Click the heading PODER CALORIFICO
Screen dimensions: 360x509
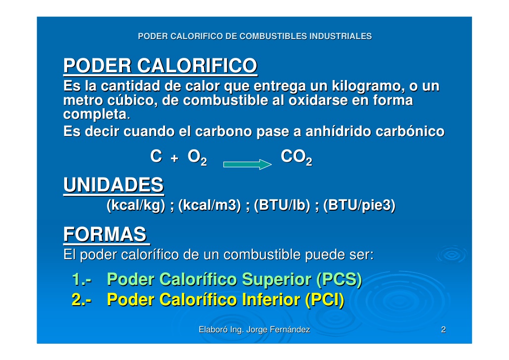click(160, 66)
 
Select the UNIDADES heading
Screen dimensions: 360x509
click(113, 185)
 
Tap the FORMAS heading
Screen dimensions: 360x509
click(105, 234)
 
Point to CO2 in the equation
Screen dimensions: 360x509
click(296, 158)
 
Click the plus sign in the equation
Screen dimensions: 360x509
click(173, 158)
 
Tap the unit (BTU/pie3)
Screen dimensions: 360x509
click(359, 206)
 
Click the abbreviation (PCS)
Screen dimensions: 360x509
click(339, 280)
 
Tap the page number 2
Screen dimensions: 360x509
click(443, 330)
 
